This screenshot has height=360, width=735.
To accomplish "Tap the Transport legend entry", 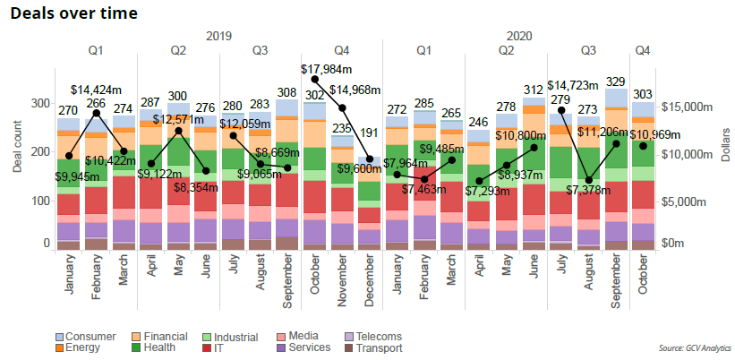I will click(378, 347).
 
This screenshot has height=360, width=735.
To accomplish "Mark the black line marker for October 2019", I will click(315, 79).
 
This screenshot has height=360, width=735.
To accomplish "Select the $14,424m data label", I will click(97, 90).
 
